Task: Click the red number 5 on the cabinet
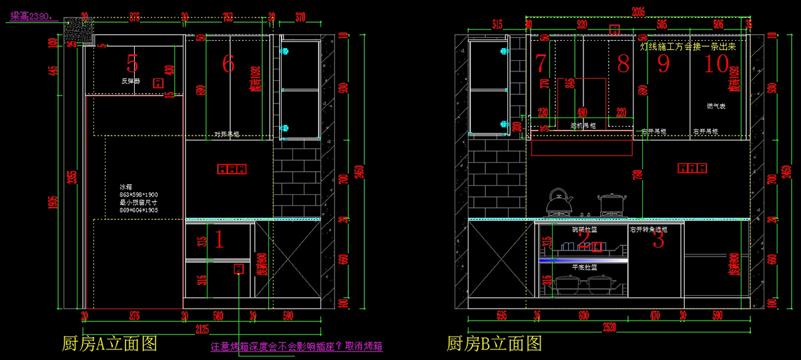click(132, 63)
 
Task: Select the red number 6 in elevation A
click(228, 63)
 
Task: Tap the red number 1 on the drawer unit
click(218, 238)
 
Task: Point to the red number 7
click(541, 63)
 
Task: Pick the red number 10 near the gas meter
click(716, 63)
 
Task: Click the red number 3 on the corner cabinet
click(658, 239)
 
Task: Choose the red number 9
click(663, 63)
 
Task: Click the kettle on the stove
click(559, 201)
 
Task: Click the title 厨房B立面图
click(494, 343)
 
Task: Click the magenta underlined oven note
click(296, 347)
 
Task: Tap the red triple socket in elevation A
click(231, 168)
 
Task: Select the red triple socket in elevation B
click(692, 168)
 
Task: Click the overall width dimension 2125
click(200, 328)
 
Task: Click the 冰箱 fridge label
click(126, 186)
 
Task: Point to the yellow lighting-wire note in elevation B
click(688, 47)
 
